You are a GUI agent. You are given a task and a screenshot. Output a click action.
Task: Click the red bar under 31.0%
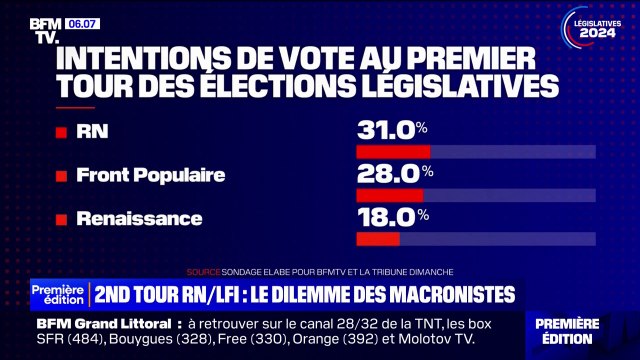point(393,152)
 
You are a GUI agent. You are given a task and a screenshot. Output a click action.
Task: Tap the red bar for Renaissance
point(378,239)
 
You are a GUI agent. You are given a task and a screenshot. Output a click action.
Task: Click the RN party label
point(93,131)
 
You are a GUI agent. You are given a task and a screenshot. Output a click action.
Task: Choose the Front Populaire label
point(150,175)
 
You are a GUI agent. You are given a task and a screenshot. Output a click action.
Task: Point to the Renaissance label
point(139,218)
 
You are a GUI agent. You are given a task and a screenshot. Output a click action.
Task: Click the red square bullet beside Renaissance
point(63,218)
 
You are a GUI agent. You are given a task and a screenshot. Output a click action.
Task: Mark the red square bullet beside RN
point(63,131)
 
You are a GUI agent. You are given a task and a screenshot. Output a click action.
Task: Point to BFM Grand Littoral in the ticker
point(105,325)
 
